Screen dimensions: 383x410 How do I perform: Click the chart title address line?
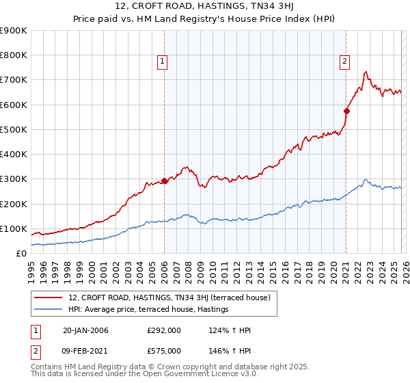tap(205, 8)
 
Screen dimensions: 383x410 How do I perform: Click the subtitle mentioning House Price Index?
tap(205, 21)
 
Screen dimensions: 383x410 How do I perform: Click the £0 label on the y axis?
tap(20, 253)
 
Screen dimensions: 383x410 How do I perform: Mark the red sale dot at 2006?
tap(164, 181)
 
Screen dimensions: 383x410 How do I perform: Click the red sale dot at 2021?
tap(346, 111)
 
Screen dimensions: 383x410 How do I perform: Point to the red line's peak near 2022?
tap(366, 71)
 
